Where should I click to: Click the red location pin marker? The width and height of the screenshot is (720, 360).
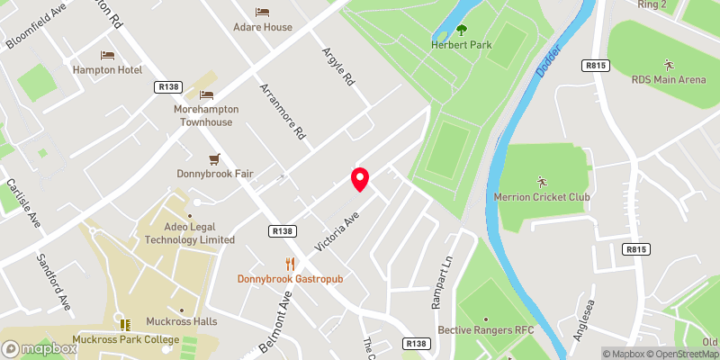point(360,178)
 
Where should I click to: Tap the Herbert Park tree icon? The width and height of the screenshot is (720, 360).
point(463,29)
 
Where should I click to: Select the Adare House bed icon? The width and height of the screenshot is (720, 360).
point(262,12)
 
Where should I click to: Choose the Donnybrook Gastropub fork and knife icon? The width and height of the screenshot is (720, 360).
point(290,264)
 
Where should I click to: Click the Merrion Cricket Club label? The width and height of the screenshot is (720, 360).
point(541,196)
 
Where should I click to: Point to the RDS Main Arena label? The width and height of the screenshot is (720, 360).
point(668,79)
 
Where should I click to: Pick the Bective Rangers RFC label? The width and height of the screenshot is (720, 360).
point(486,330)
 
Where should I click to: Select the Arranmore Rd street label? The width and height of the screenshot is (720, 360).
point(282,112)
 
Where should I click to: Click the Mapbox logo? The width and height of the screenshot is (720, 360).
point(39,348)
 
